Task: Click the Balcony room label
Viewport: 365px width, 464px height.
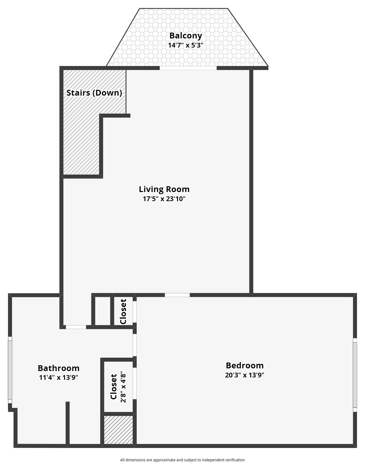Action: (186, 36)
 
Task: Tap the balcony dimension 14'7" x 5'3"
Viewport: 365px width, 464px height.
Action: (186, 45)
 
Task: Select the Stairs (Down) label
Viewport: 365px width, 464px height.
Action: (94, 93)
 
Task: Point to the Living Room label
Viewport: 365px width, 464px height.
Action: (164, 189)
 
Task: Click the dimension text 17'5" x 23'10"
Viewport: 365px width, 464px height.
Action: (164, 199)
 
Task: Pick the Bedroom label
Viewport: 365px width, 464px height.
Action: (245, 365)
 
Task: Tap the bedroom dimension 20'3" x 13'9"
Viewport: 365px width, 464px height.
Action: (245, 375)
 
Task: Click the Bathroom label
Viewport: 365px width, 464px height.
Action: (59, 368)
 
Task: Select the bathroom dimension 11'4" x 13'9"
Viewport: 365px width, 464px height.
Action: (59, 378)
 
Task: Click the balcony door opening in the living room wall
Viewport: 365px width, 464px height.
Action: (188, 68)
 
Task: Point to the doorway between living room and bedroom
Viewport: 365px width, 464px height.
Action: (177, 295)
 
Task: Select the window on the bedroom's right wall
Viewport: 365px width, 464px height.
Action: (355, 375)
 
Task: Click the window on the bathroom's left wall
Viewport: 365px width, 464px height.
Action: (10, 370)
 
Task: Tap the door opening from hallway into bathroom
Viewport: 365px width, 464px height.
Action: (76, 327)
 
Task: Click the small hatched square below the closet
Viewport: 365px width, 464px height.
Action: (118, 430)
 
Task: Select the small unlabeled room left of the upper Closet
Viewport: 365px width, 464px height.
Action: (103, 311)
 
